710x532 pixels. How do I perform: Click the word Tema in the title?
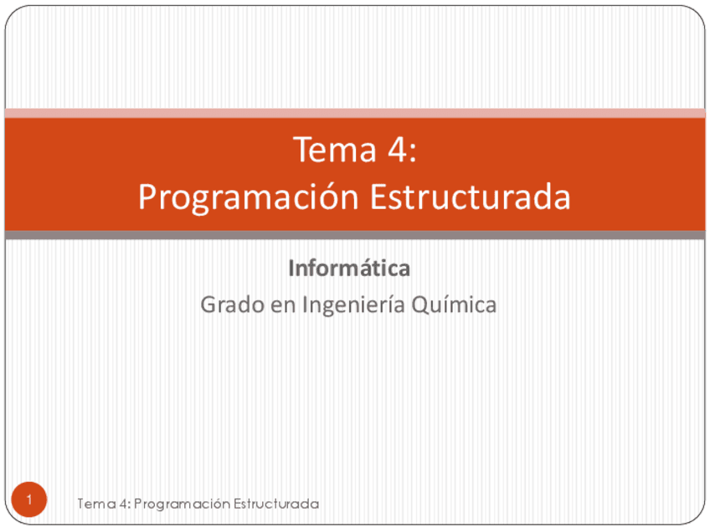click(x=335, y=149)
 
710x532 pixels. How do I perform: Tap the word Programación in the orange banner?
click(x=249, y=197)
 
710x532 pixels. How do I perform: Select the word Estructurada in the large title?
click(x=470, y=197)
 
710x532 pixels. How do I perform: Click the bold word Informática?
click(x=349, y=269)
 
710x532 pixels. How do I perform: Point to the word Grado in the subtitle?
click(x=232, y=304)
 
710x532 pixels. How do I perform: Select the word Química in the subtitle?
click(x=454, y=304)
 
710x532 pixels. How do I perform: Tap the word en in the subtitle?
click(x=283, y=306)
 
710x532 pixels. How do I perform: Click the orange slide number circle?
click(x=29, y=499)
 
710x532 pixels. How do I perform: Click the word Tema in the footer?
click(x=96, y=504)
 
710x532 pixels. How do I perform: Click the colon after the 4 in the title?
click(x=413, y=152)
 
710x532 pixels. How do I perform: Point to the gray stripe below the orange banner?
click(x=355, y=235)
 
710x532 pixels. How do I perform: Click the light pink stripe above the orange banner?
click(x=355, y=113)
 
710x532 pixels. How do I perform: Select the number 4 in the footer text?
click(x=123, y=504)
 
